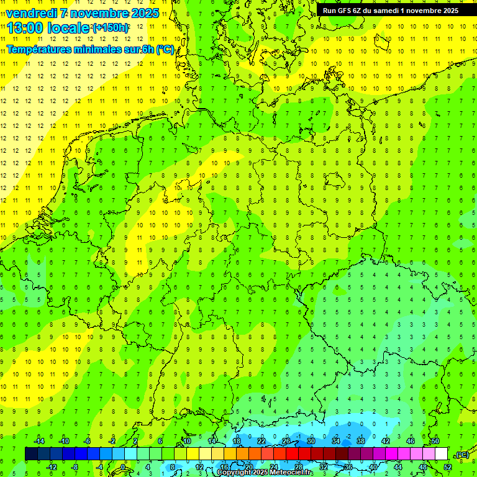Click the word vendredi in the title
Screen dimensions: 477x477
(x=33, y=13)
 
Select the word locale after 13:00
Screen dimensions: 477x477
(x=70, y=28)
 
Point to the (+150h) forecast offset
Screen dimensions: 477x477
(x=110, y=28)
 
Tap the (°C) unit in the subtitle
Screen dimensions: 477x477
(x=165, y=50)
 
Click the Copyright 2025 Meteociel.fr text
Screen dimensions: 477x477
(x=265, y=473)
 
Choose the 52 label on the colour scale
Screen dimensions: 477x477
(x=448, y=466)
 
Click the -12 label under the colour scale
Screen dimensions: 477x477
(x=52, y=466)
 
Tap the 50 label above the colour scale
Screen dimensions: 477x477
(x=435, y=441)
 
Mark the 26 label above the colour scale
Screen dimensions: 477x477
(x=286, y=441)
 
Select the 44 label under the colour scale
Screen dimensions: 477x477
(x=398, y=466)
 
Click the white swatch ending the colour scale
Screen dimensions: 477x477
(x=442, y=454)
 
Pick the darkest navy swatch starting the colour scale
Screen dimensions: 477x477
(x=31, y=454)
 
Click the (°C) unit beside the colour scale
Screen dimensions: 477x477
(x=461, y=455)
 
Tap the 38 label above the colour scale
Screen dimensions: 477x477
(x=361, y=441)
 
